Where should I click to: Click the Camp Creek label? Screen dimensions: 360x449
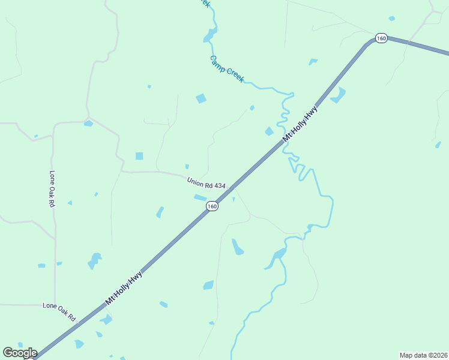[227, 70]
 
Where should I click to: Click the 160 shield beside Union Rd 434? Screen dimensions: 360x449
[212, 206]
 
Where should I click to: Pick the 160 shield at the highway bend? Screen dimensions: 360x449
[381, 38]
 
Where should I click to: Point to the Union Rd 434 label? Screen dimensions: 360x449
[206, 183]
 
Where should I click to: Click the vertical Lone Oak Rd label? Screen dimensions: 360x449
[52, 189]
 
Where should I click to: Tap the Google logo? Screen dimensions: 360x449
[20, 353]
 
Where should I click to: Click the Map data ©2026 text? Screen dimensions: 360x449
[423, 355]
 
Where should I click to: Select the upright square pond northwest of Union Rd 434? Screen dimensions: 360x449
[139, 156]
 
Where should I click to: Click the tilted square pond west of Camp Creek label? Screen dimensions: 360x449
[201, 98]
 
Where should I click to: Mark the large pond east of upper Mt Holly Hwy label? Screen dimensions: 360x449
[338, 95]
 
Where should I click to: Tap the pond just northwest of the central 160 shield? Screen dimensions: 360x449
[200, 197]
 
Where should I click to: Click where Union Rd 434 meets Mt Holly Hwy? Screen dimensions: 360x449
[229, 188]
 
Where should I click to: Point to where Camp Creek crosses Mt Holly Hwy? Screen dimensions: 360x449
[283, 142]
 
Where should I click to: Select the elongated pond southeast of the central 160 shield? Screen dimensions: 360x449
[237, 247]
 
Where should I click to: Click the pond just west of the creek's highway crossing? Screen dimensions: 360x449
[269, 131]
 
